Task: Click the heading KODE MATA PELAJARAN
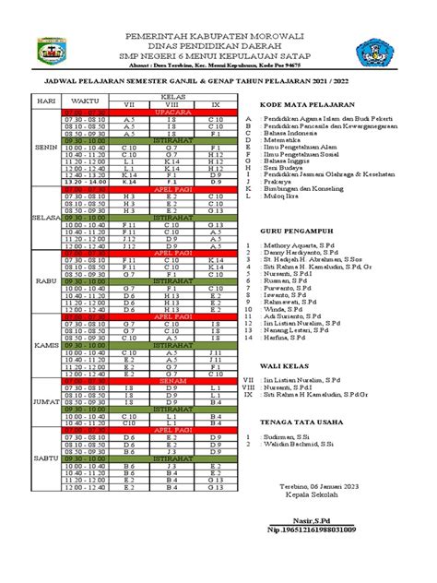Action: pos(308,104)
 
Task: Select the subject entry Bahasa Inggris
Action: pos(288,161)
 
